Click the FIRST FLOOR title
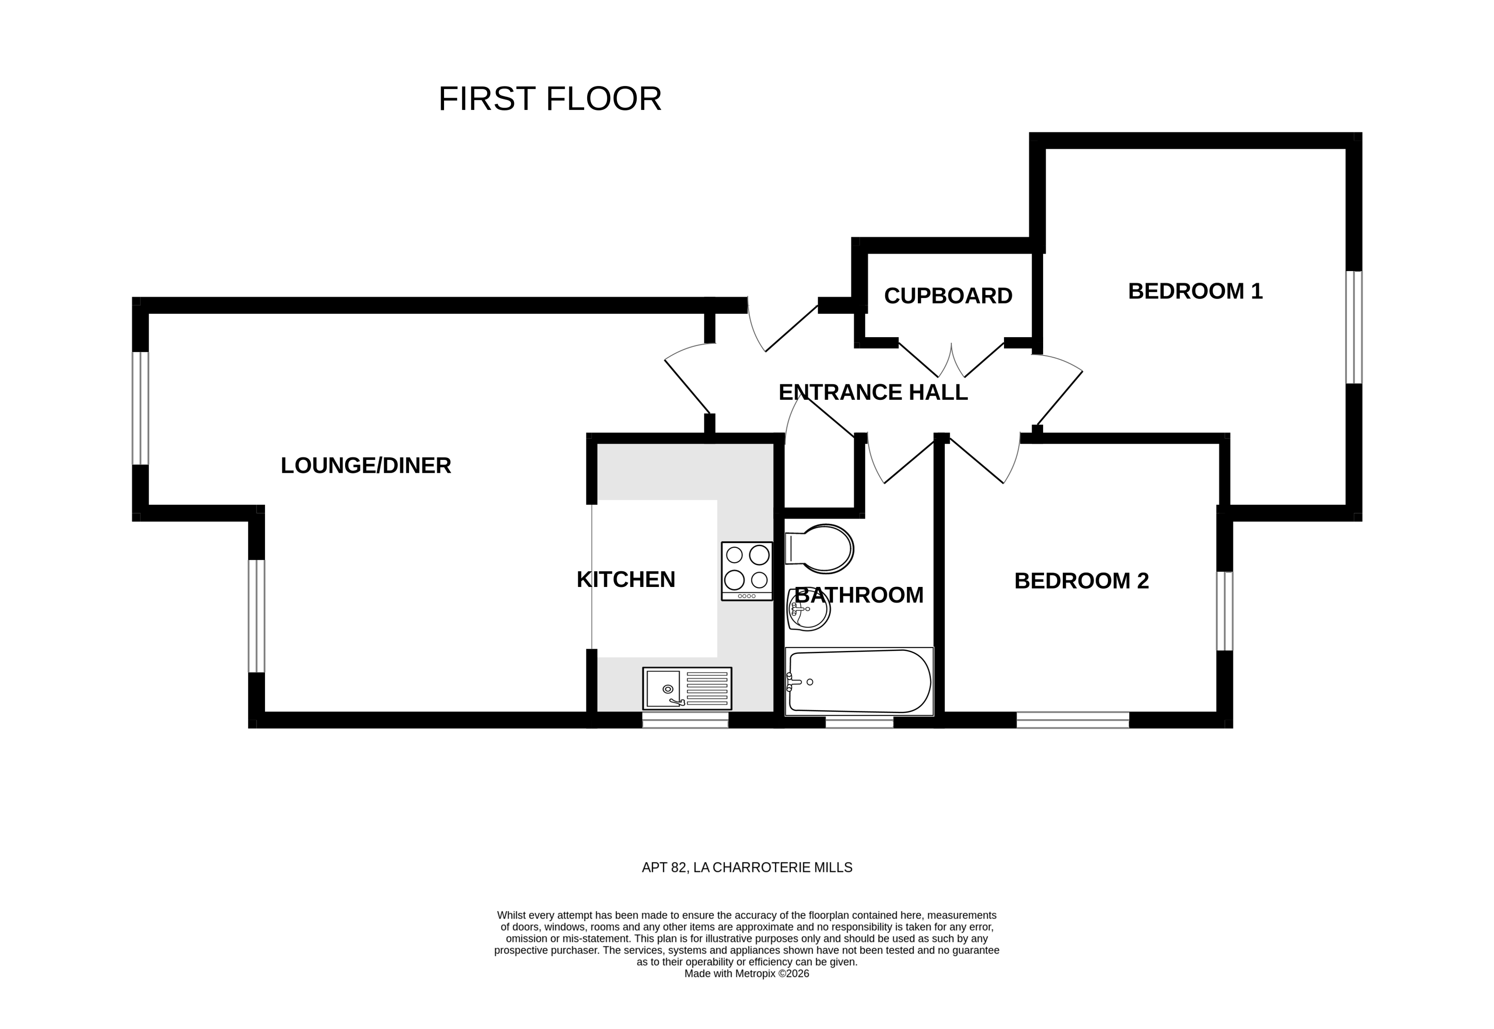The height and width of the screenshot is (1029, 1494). (x=550, y=99)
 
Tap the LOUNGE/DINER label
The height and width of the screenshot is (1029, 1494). (x=366, y=465)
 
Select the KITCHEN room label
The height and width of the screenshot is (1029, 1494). (x=625, y=580)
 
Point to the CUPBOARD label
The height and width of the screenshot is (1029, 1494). (x=947, y=296)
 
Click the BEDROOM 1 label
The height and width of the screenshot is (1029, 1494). (x=1195, y=292)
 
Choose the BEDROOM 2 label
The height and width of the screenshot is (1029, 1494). (x=1081, y=581)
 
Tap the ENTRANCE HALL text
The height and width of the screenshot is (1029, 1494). (x=873, y=393)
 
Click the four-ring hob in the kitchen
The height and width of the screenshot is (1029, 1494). (x=746, y=571)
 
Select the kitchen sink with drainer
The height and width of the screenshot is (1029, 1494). (x=686, y=688)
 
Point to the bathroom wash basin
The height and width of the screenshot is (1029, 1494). (x=808, y=609)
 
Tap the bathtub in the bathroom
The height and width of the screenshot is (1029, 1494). (x=859, y=682)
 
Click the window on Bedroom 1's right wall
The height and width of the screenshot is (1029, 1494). (x=1353, y=327)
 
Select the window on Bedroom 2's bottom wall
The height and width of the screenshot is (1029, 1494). (x=1073, y=720)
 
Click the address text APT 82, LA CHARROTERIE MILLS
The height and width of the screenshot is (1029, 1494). (x=746, y=868)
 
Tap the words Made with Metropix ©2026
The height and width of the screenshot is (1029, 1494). (x=746, y=974)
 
